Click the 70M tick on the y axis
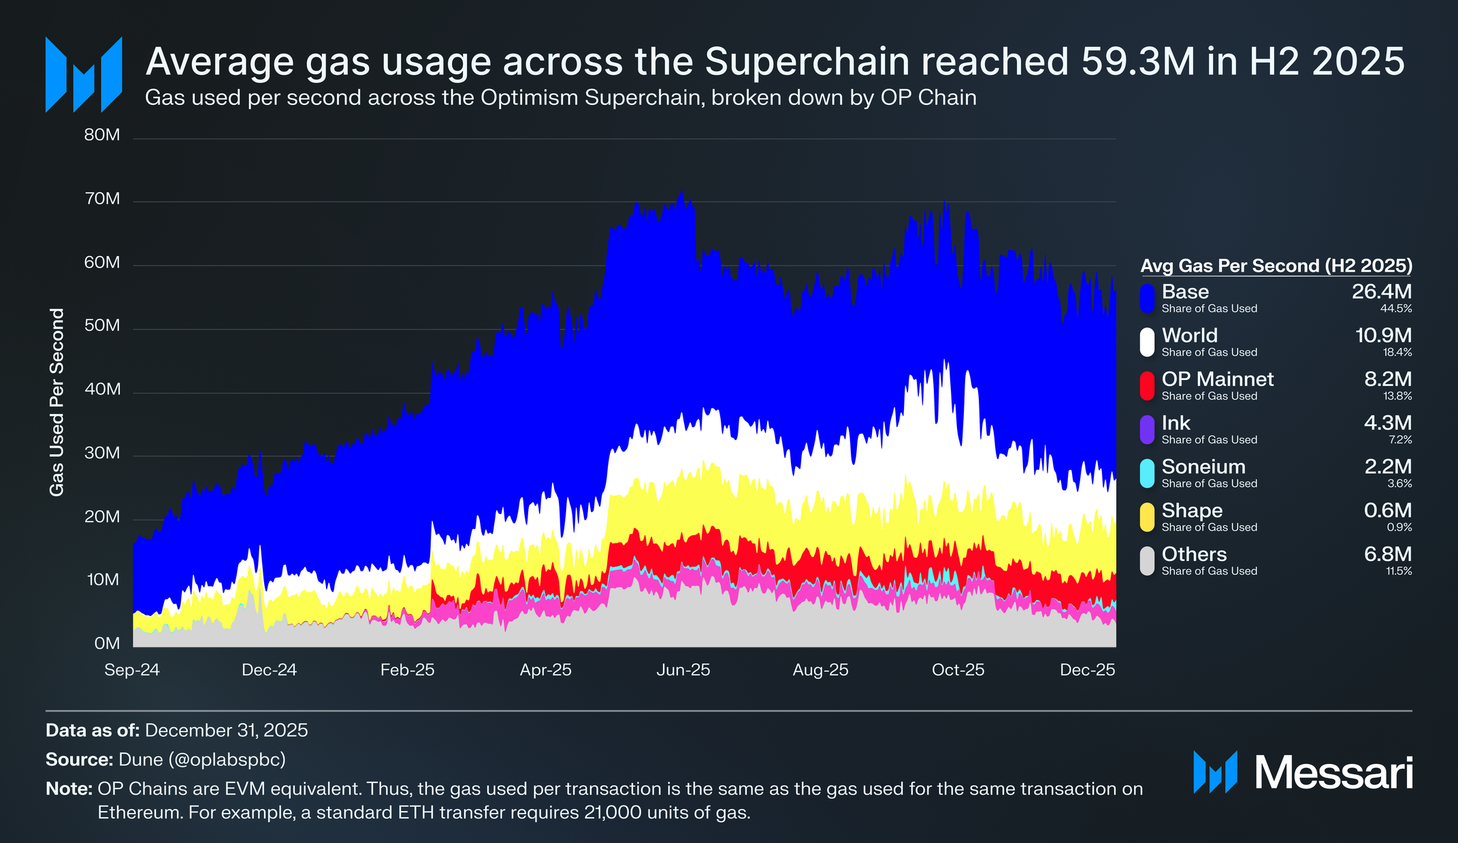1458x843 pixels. (102, 199)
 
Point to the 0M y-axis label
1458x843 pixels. (107, 643)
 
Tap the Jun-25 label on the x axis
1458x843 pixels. (683, 670)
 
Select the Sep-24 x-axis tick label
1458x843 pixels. (132, 670)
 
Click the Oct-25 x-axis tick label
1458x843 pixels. (958, 670)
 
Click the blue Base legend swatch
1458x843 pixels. (1147, 298)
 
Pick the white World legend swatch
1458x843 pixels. (1147, 342)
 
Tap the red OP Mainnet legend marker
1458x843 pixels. (1147, 385)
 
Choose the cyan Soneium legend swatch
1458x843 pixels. (1147, 473)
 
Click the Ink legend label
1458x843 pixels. (1176, 423)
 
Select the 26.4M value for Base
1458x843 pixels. (1381, 291)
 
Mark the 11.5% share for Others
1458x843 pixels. (1399, 571)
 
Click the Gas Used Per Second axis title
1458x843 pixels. (57, 402)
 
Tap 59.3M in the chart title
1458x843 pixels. (1137, 62)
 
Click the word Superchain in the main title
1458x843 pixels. (807, 62)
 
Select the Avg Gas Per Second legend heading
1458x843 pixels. (1276, 266)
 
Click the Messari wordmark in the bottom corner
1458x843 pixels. (1333, 774)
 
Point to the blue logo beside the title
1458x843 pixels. (84, 74)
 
